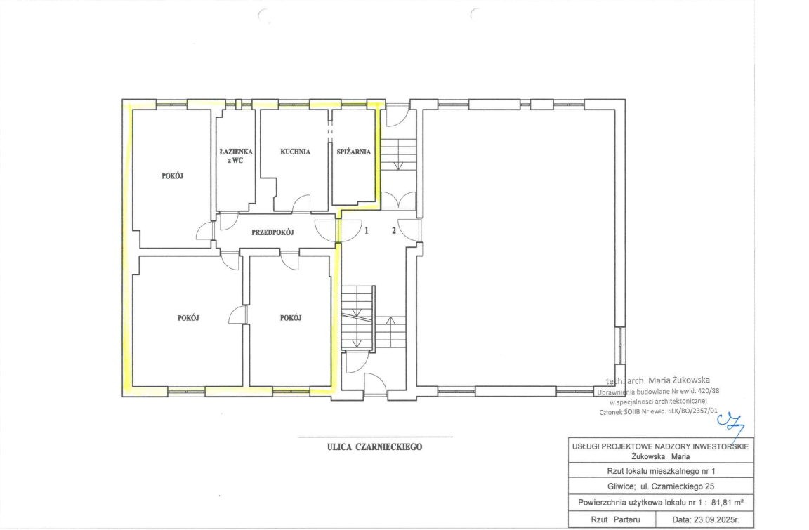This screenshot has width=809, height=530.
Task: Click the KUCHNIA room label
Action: (295, 152)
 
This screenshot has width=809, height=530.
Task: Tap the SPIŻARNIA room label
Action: (353, 152)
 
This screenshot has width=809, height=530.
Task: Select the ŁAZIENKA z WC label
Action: (236, 156)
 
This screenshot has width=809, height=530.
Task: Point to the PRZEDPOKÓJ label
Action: (272, 232)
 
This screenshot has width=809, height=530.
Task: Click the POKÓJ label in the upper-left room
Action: (172, 175)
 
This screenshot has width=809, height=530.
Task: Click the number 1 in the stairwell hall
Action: (367, 230)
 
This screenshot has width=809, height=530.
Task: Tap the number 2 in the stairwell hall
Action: (394, 230)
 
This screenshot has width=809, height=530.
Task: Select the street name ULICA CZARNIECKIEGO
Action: (374, 447)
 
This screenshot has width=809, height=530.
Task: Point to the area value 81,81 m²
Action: (728, 502)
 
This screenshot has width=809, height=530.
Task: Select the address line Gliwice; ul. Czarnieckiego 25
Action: (661, 486)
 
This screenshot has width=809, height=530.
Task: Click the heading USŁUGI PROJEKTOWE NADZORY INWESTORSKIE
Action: (660, 446)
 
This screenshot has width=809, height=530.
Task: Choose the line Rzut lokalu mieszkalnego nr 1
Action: (661, 471)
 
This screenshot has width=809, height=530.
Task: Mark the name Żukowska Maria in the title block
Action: (660, 456)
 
